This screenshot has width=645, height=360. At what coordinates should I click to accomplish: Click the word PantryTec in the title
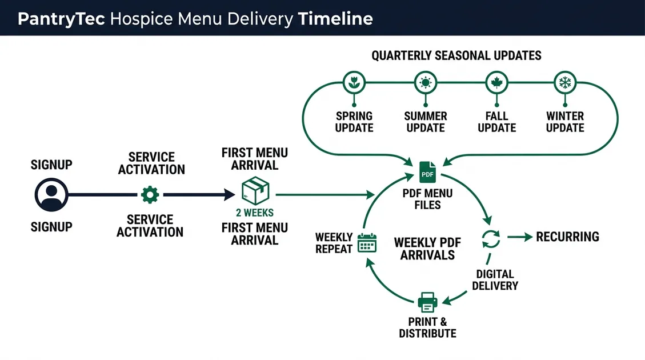pos(61,18)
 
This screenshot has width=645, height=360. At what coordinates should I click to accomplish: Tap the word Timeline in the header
pos(335,18)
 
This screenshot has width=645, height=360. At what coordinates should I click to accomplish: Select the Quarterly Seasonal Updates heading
pos(456,55)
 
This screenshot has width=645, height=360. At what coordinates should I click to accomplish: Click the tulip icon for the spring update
pos(354,83)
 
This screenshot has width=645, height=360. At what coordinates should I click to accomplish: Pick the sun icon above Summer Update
pos(425,83)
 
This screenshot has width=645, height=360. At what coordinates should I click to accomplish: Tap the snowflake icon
pos(565,83)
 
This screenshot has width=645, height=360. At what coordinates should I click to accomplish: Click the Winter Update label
pos(565,122)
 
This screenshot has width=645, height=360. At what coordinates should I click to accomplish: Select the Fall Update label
pos(496,122)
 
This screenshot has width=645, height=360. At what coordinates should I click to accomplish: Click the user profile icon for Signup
pos(51,195)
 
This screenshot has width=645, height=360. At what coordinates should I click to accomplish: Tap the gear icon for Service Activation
pos(150,195)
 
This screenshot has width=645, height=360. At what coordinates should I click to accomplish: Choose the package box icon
pos(255,190)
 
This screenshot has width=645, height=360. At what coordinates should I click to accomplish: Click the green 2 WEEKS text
pos(255,213)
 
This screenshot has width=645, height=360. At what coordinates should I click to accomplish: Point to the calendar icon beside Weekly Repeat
pos(367,243)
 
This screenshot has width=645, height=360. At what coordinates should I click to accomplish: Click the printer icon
pos(427,301)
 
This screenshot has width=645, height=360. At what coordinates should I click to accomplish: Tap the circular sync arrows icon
pos(491,239)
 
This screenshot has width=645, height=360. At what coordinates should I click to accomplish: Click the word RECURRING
pos(567,237)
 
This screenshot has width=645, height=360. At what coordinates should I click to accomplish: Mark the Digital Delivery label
pos(495,279)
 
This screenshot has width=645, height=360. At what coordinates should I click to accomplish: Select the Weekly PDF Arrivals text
pos(427,249)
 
